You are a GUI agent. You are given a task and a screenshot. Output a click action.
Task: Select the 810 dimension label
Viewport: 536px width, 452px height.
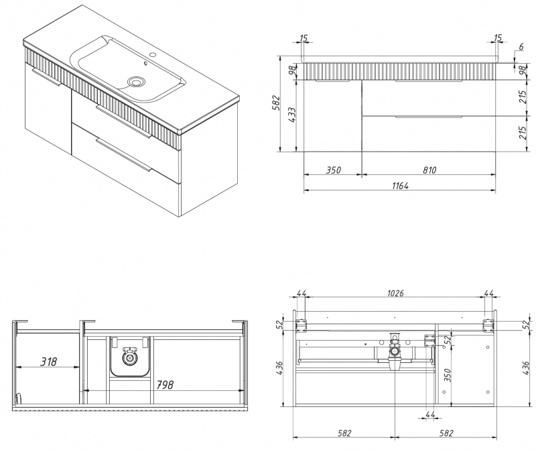coord(429,170)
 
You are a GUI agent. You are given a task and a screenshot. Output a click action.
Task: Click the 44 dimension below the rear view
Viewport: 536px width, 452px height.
coord(430,414)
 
